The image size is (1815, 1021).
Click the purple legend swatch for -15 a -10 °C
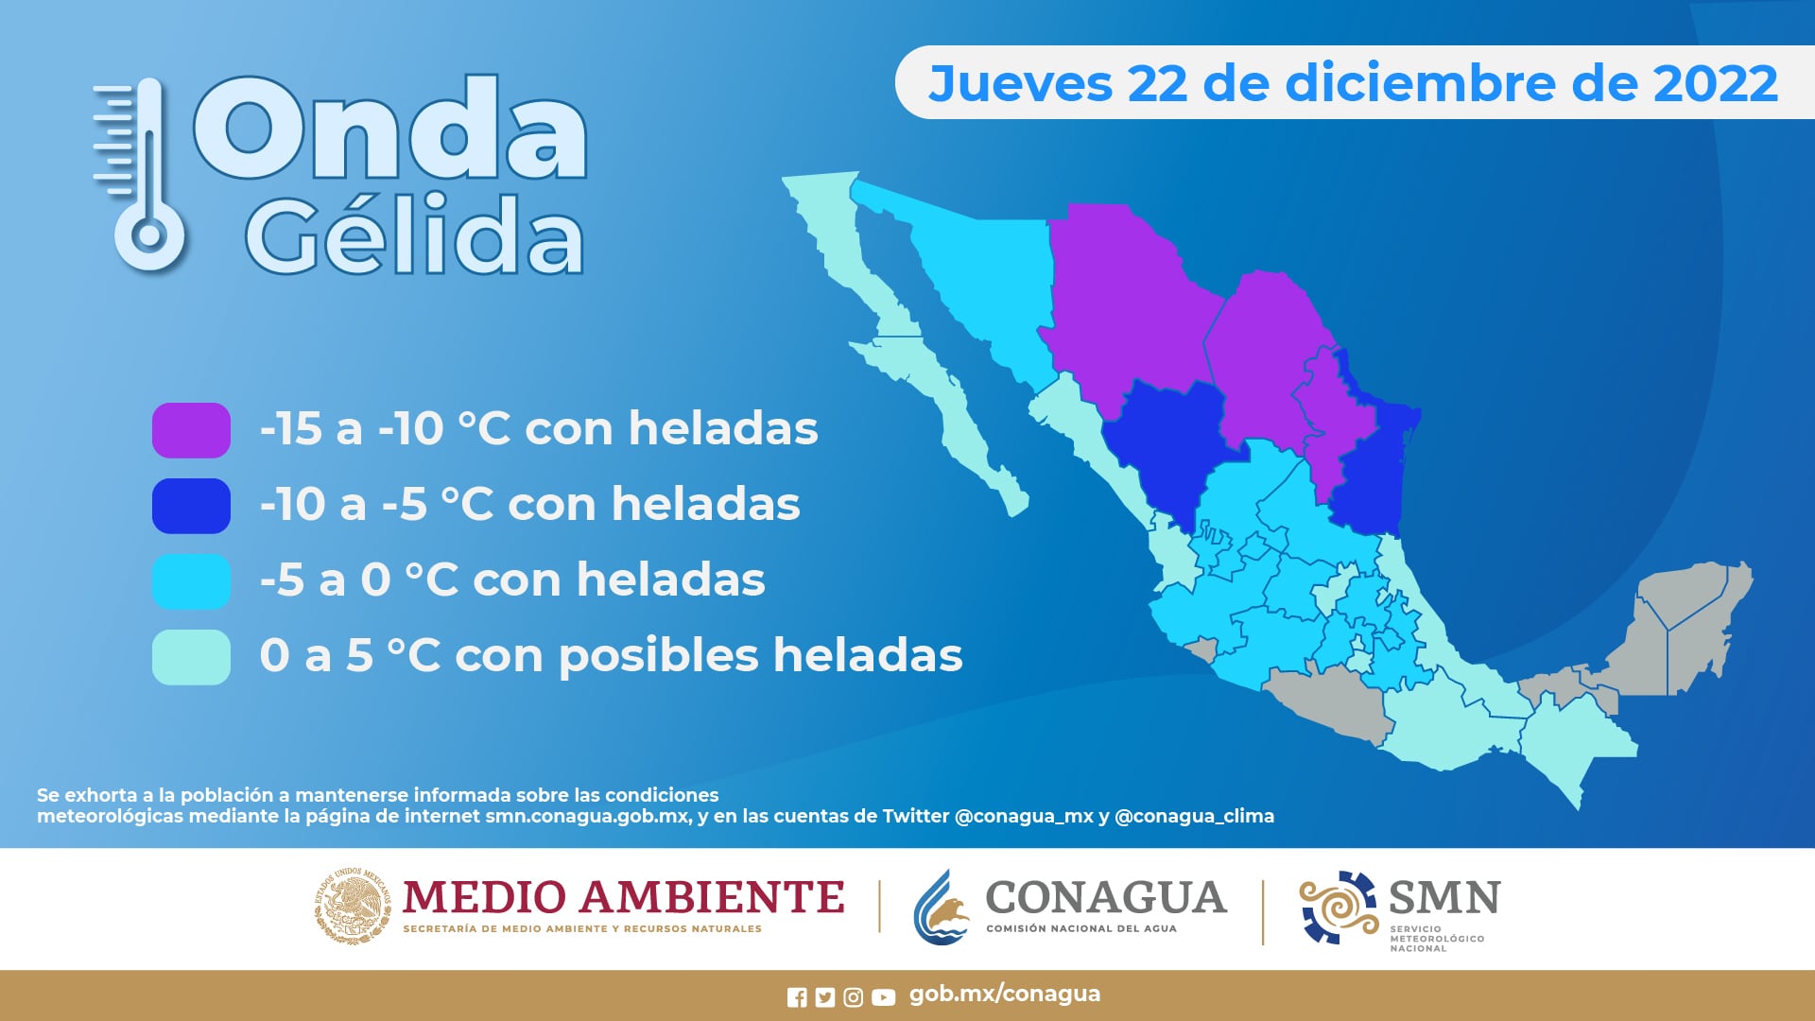191,430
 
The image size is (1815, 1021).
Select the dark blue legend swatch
191,506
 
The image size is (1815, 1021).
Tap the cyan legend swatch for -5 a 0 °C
191,581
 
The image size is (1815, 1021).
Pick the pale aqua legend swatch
191,657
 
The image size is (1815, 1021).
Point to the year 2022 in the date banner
1715,83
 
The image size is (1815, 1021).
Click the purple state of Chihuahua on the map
1125,303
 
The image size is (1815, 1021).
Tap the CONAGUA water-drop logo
942,908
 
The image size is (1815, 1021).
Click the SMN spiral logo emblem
1339,908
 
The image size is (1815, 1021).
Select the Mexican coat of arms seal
352,906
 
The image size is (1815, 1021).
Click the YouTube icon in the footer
883,997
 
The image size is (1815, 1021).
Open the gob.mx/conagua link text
1005,995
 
